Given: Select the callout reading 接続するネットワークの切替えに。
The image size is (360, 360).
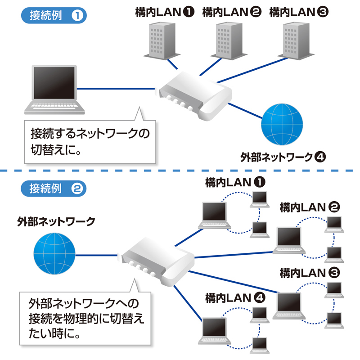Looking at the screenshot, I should (x=90, y=140).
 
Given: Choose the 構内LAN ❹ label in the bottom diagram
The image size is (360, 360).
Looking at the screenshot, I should (x=234, y=297).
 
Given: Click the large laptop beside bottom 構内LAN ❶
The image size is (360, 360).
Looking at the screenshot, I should (x=215, y=215).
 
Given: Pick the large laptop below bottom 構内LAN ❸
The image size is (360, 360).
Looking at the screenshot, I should (x=291, y=306).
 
